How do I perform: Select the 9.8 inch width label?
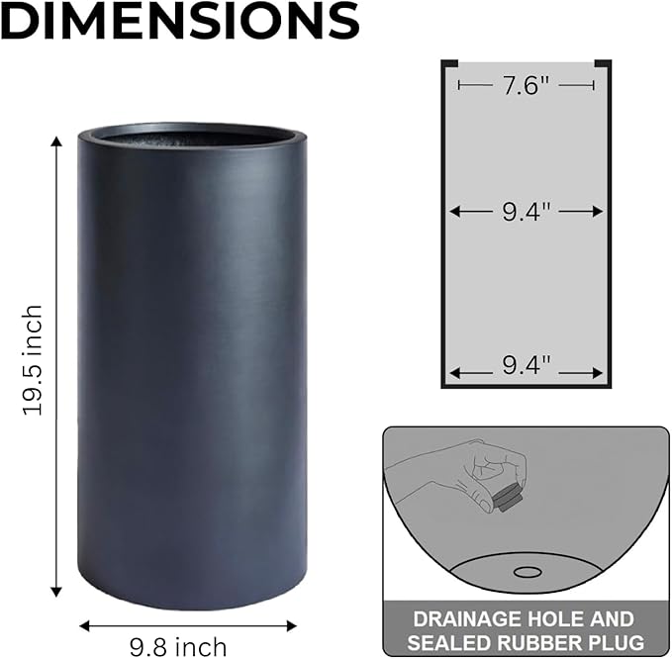(178, 647)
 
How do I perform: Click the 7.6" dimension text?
(526, 86)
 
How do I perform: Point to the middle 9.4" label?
(526, 211)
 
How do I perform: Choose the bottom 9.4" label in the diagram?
(526, 367)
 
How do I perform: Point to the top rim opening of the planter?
(192, 136)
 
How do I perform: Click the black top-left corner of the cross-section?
(448, 64)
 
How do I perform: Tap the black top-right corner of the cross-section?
(603, 64)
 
